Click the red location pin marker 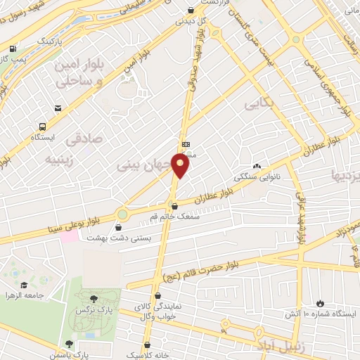181,166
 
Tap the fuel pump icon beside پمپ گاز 13,49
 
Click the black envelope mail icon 57,108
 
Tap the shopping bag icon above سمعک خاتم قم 174,206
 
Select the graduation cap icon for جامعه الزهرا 25,285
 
